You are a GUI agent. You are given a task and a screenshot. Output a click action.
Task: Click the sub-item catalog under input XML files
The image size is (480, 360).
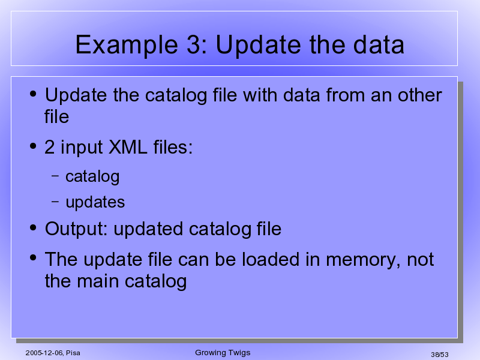(92, 177)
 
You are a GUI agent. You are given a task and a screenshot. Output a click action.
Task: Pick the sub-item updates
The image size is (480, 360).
(95, 203)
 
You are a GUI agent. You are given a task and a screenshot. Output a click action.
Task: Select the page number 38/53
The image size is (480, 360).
(440, 355)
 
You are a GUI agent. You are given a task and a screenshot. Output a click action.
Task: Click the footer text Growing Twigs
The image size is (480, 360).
(223, 353)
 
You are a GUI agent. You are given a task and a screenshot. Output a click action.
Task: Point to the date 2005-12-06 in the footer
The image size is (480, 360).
(44, 353)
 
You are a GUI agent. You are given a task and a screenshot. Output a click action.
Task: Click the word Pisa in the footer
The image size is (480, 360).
(73, 353)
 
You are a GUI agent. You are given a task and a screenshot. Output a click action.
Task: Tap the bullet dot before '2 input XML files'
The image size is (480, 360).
(33, 146)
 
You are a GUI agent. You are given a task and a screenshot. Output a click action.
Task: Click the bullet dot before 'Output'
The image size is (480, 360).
(33, 227)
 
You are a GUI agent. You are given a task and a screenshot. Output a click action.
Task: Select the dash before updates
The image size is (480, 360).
(55, 201)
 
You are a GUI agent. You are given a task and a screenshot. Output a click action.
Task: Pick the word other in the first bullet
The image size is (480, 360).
(419, 95)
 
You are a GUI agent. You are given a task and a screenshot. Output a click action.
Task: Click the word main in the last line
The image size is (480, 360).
(98, 281)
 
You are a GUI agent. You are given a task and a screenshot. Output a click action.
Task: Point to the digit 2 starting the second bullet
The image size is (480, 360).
(50, 147)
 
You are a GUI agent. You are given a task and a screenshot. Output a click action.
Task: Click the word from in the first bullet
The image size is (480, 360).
(346, 95)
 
